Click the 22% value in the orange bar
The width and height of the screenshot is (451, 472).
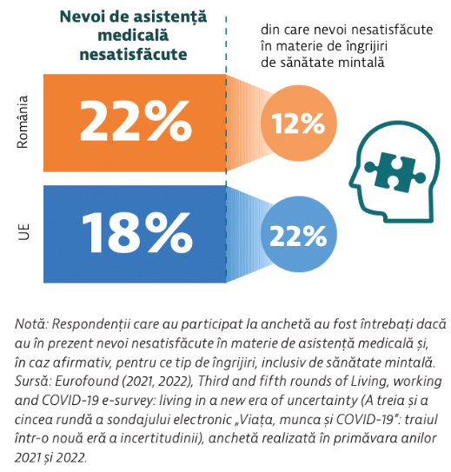[x=136, y=121]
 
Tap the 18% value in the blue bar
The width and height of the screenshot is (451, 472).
[x=137, y=233]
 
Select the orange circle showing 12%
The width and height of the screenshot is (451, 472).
[x=298, y=123]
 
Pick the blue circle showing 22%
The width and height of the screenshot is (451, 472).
[x=298, y=235]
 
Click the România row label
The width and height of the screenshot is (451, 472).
[x=23, y=122]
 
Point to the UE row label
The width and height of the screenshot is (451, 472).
[x=23, y=232]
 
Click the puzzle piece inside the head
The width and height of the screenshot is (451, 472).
[x=395, y=172]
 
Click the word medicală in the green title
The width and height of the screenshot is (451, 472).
[x=133, y=36]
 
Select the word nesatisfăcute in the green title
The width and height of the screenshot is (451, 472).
[x=133, y=55]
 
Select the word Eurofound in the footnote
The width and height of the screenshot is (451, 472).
[x=87, y=382]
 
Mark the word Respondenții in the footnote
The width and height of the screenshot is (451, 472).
[x=91, y=325]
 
